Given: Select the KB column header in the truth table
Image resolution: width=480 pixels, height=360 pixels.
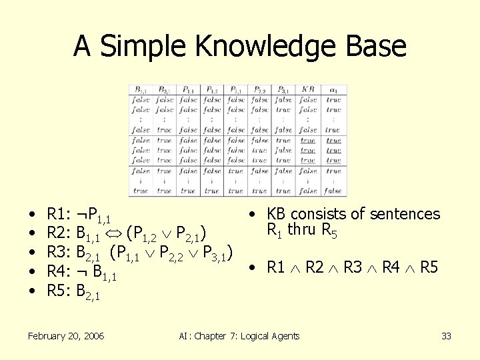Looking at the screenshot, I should pyautogui.click(x=308, y=90).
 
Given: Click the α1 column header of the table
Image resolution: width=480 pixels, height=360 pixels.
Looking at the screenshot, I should pyautogui.click(x=333, y=90).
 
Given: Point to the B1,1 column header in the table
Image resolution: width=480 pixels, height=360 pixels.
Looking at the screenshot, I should pyautogui.click(x=141, y=90).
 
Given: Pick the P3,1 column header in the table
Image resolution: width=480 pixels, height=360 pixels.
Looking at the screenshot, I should pyautogui.click(x=283, y=90).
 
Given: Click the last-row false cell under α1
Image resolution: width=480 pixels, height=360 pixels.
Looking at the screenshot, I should pyautogui.click(x=333, y=191).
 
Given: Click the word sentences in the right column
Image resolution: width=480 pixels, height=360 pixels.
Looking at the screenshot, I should pyautogui.click(x=405, y=214).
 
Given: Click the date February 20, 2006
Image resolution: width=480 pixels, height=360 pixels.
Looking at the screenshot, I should pyautogui.click(x=66, y=336).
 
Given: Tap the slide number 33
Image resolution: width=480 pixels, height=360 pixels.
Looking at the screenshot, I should pyautogui.click(x=446, y=336).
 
